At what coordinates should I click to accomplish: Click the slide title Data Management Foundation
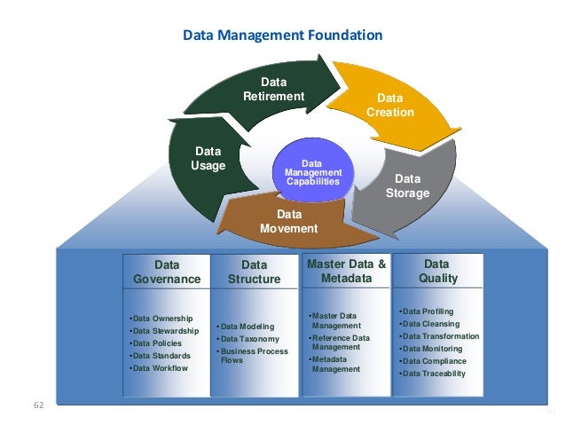coord(282,36)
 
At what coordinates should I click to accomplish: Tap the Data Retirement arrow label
coord(273,90)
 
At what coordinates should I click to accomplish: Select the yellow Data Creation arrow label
coord(389,106)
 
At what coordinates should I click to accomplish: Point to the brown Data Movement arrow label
coord(288,222)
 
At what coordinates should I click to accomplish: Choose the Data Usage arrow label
coord(208,159)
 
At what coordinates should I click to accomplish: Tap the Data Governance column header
coord(167,272)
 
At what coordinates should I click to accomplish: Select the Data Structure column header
coord(254,272)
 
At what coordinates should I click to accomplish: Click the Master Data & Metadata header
coord(346,272)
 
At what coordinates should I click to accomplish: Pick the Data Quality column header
coord(436,272)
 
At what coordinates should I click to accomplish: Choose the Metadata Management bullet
coord(334,364)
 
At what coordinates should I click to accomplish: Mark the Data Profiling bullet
coord(427,311)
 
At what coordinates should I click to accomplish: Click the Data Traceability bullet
coord(433,374)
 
